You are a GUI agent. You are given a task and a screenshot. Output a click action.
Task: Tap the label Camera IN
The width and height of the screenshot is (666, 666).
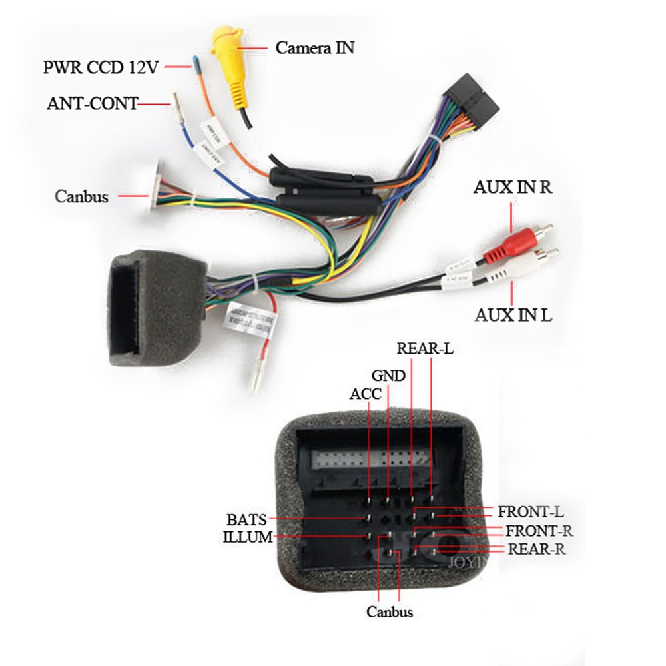coord(315,48)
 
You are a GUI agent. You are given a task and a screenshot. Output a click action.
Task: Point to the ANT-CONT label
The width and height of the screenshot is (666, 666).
coord(93,103)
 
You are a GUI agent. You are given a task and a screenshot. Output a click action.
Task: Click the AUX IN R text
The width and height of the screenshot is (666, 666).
coord(513,187)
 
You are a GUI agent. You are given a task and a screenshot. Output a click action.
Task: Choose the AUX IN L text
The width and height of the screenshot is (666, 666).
coord(513,314)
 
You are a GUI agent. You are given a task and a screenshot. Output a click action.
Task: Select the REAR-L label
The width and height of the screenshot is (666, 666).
coord(424,348)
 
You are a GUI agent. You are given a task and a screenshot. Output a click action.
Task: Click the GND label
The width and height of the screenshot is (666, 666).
coord(388,375)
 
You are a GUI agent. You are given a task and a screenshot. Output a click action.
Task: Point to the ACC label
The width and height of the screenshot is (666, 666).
coord(366,394)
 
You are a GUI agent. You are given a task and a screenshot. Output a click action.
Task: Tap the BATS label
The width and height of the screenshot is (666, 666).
coord(246,519)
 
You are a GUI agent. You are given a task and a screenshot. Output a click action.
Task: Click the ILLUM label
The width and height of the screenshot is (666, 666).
coord(248,537)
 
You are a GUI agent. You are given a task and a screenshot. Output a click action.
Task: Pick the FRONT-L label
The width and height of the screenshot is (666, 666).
coord(531,512)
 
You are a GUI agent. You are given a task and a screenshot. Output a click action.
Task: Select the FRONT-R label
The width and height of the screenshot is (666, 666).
coord(539,531)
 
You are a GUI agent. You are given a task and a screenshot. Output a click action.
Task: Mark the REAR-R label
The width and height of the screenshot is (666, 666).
coord(537,550)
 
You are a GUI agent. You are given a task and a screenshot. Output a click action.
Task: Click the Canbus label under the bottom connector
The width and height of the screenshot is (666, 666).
coord(390,612)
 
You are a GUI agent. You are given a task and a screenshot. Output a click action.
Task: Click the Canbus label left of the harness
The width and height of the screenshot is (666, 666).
coord(81,196)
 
